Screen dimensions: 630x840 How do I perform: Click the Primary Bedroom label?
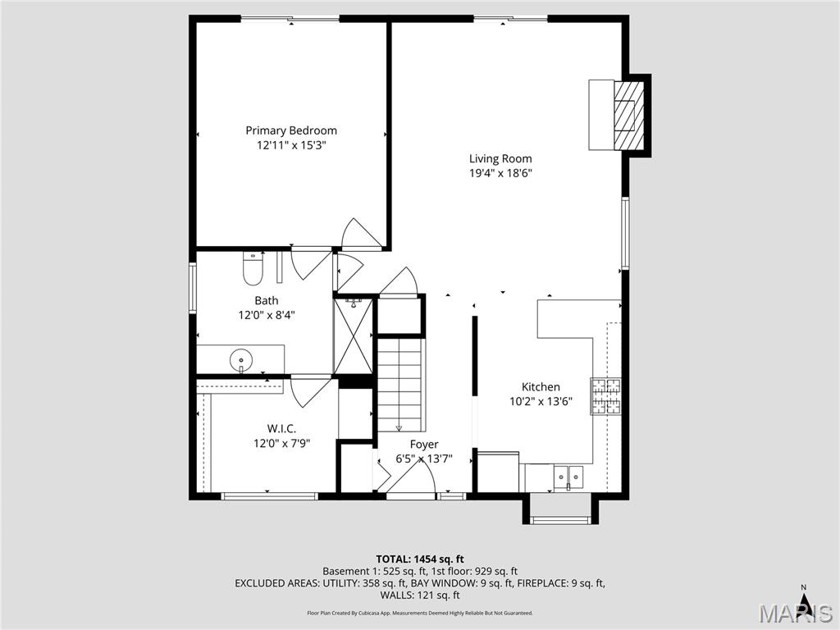(291, 130)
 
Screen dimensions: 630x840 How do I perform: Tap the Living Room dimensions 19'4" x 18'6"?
(500, 173)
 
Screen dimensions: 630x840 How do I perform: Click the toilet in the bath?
(253, 267)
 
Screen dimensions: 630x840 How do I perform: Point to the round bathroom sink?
(241, 358)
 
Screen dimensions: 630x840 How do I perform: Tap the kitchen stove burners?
(605, 396)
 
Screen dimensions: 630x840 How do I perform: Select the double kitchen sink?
(568, 475)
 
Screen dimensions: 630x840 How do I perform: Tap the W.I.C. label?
(281, 428)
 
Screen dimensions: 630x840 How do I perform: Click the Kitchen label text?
(541, 387)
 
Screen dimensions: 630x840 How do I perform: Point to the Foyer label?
(424, 445)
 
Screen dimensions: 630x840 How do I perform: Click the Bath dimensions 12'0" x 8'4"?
(266, 315)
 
